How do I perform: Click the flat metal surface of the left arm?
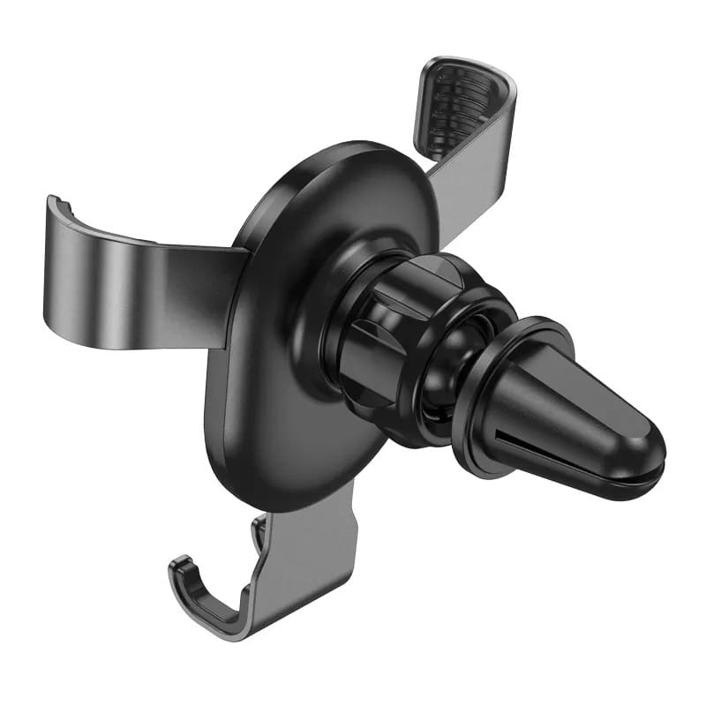point(132,282)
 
